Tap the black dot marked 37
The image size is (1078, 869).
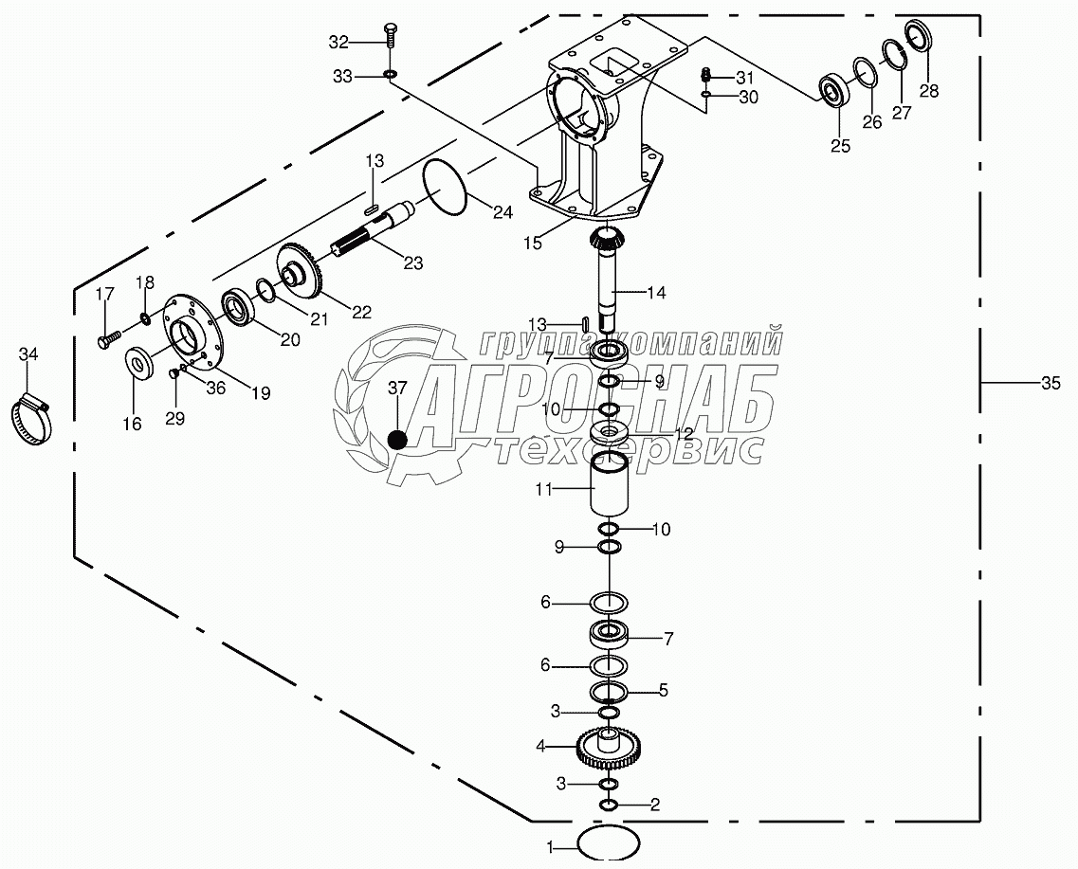click(x=398, y=439)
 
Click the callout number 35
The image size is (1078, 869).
click(x=1051, y=384)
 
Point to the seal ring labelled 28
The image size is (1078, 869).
click(x=919, y=37)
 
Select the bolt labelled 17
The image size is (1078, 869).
click(x=107, y=335)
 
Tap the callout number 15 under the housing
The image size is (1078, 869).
click(x=533, y=244)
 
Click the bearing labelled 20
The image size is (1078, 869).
click(x=238, y=308)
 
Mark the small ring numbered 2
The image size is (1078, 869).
click(x=608, y=805)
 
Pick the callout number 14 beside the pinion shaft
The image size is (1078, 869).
click(x=656, y=294)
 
